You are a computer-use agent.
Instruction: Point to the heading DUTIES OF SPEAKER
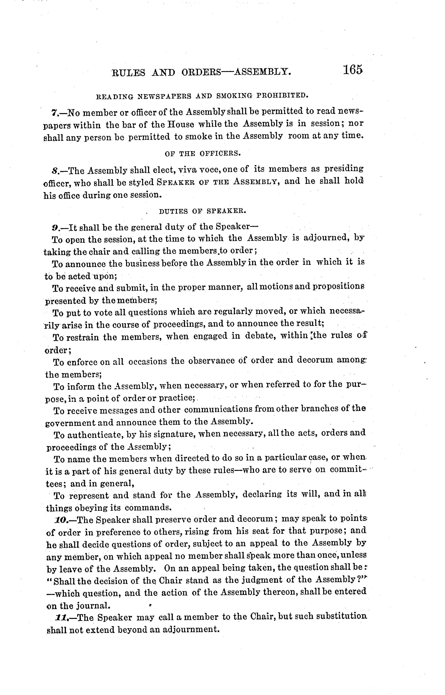(203, 211)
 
